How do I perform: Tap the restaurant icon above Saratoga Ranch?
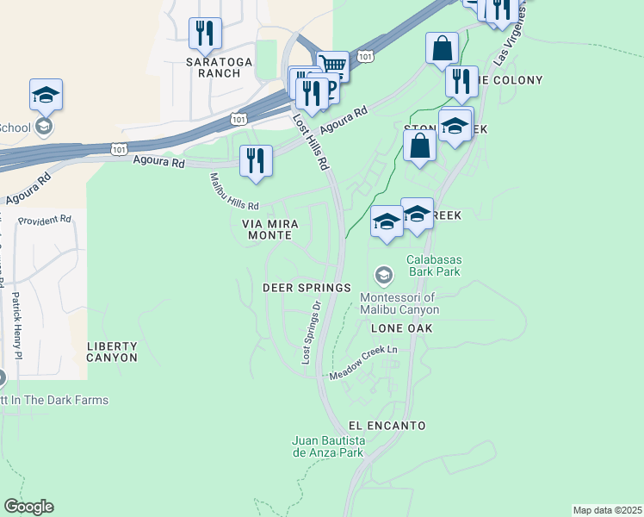205,34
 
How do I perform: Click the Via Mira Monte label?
270,229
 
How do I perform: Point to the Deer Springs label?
307,287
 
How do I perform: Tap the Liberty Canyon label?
112,351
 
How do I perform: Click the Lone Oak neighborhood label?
401,328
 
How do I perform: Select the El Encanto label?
387,426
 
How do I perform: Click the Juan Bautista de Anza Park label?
329,446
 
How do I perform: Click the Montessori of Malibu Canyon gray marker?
383,276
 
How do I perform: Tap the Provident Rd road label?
45,220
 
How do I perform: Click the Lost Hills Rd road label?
312,141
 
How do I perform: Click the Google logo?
28,507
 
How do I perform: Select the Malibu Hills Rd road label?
234,193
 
